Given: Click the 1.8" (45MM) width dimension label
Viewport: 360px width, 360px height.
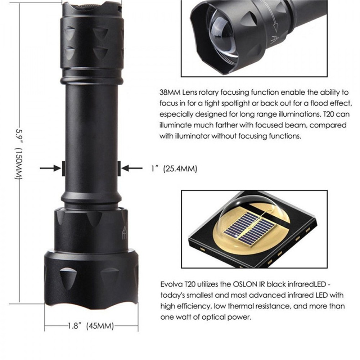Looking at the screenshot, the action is (91, 326).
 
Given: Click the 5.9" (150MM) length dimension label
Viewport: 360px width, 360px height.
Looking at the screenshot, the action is (19, 154).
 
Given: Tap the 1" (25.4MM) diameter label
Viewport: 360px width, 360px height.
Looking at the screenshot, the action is (174, 169).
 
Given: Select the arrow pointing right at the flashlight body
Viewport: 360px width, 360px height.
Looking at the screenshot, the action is (50, 168).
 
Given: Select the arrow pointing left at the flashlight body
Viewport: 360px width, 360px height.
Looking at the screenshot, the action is (132, 168).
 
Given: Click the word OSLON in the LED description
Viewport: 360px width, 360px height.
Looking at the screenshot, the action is (245, 284).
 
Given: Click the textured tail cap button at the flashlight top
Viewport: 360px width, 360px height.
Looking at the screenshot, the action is (92, 7).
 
